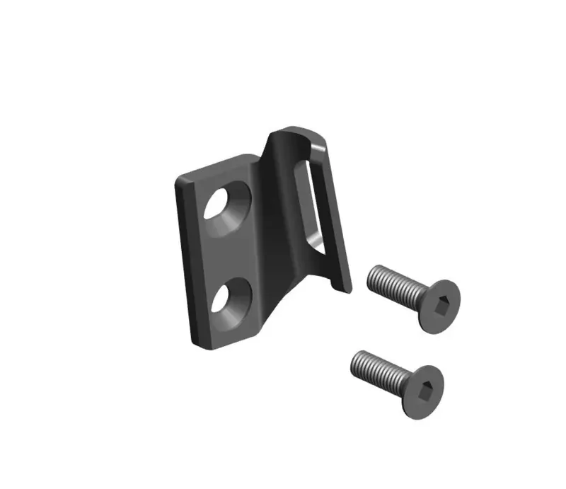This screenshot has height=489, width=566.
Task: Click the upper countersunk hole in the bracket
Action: [225, 205]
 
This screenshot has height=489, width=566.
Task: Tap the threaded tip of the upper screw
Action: [373, 275]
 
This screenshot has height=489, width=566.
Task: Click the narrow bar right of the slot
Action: [333, 212]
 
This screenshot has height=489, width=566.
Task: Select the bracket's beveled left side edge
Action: [185, 262]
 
